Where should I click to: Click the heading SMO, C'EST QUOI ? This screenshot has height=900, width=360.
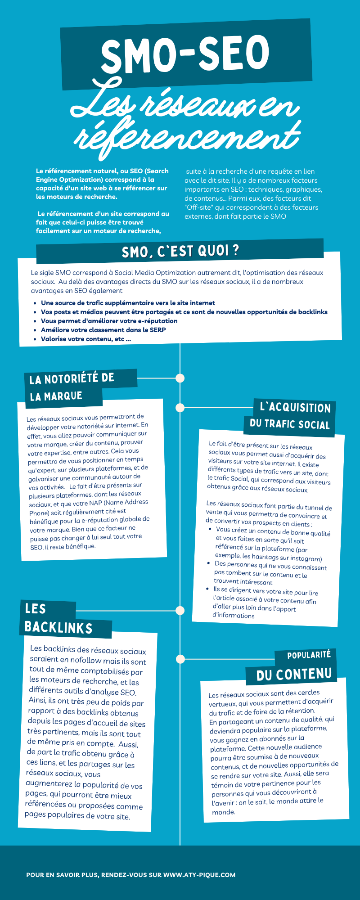[180, 251]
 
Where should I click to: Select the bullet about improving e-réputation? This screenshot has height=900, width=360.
[109, 321]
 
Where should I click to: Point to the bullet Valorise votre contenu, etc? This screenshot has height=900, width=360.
[85, 339]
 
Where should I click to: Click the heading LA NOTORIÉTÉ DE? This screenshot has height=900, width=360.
[72, 378]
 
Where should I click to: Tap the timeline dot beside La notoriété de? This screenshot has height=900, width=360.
[180, 378]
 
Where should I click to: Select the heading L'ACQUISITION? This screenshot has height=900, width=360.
[295, 408]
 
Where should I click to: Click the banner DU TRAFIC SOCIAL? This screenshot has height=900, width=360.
[290, 424]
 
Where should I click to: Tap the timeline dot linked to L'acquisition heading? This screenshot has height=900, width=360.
[180, 408]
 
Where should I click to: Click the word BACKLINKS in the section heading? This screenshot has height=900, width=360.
[58, 628]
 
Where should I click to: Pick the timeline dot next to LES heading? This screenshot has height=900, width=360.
[180, 611]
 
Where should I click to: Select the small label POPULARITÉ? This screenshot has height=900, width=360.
[309, 655]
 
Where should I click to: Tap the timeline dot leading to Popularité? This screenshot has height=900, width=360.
[180, 659]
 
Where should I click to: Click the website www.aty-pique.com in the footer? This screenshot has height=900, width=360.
[199, 875]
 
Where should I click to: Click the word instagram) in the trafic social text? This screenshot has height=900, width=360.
[307, 558]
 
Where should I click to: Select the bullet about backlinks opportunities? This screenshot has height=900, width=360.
[184, 312]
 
